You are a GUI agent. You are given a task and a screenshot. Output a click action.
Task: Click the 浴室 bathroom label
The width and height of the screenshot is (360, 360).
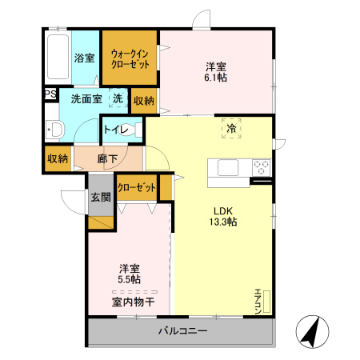pos(84,58)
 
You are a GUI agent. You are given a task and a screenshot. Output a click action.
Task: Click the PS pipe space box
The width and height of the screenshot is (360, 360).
pos(50,94)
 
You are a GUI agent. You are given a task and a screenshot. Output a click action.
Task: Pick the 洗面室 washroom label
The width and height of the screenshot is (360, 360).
pos(85,100)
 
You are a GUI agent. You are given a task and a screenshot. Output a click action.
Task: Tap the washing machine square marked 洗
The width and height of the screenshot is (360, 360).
pos(118,99)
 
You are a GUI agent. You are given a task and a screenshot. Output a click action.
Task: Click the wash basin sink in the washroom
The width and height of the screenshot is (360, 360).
pos(55,130)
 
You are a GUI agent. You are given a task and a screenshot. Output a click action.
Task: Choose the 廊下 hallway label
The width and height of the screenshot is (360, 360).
pos(108,158)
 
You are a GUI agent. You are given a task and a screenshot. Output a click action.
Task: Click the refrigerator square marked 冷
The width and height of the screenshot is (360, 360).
pos(231,129)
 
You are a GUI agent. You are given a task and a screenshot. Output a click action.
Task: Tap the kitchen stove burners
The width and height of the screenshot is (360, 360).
pos(261,168)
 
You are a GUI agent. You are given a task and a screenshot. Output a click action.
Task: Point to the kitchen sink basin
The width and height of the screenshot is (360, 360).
pos(225,169)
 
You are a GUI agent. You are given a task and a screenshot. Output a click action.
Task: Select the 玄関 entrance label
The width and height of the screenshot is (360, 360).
pos(100,198)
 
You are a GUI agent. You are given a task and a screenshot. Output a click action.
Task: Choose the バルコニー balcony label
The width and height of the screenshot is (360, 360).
pos(182,330)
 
